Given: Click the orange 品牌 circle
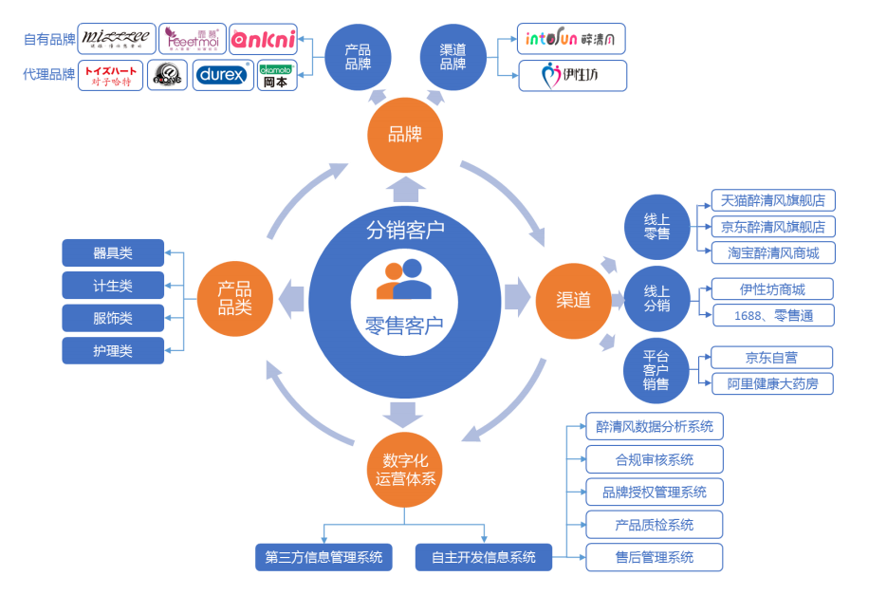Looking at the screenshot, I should pos(405,136).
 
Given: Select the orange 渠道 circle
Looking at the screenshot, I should pos(573,301).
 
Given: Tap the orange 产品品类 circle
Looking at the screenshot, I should pos(233,297).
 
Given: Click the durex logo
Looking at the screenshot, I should pos(223,75).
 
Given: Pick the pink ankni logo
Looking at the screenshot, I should pos(263,39).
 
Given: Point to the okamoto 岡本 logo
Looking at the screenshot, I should pos(277,75).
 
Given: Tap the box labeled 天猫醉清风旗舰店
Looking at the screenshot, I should pos(772,200).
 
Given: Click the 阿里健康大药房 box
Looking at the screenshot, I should pos(772,383).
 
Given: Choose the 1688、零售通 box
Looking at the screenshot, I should pos(772,315).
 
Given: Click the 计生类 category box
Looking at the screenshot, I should pos(113,286).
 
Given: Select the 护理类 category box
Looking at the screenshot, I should pos(113,350).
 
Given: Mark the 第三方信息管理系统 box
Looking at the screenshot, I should pos(323,557).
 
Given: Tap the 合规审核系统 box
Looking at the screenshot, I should pos(654,459).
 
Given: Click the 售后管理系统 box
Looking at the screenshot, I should pos(654,557).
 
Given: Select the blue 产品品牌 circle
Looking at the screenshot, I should pos(358,57).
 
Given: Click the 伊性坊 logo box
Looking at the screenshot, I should pos(571,75).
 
